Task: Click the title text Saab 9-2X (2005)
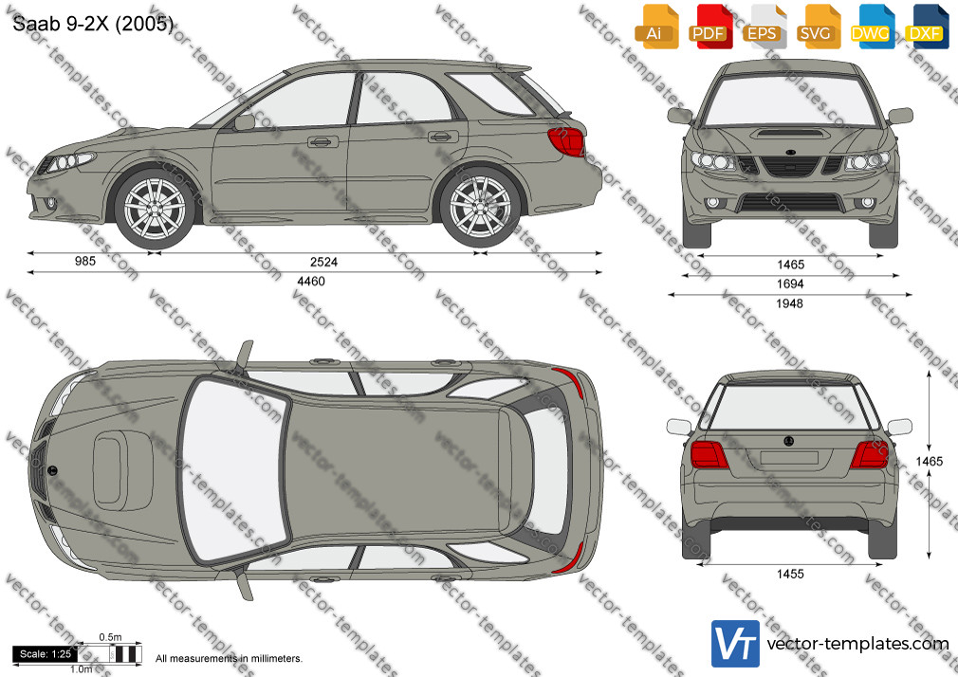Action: coord(93,23)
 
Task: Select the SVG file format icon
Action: coord(820,27)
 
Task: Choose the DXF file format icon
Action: coord(928,27)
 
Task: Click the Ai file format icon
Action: coord(656,27)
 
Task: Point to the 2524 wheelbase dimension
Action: coord(323,262)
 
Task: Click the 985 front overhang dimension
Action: coord(85,261)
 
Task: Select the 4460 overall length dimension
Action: coord(311,281)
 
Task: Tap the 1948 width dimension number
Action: coord(789,303)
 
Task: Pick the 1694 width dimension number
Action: coord(790,284)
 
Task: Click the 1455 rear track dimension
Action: coord(790,574)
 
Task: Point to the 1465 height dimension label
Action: coord(930,462)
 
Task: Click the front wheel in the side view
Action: coord(155,209)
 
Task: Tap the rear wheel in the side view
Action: coord(480,207)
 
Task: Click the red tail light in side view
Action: coord(567,141)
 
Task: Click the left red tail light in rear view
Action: coord(709,454)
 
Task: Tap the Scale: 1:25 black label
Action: coord(46,654)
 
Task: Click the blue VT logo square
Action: coord(736,644)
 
